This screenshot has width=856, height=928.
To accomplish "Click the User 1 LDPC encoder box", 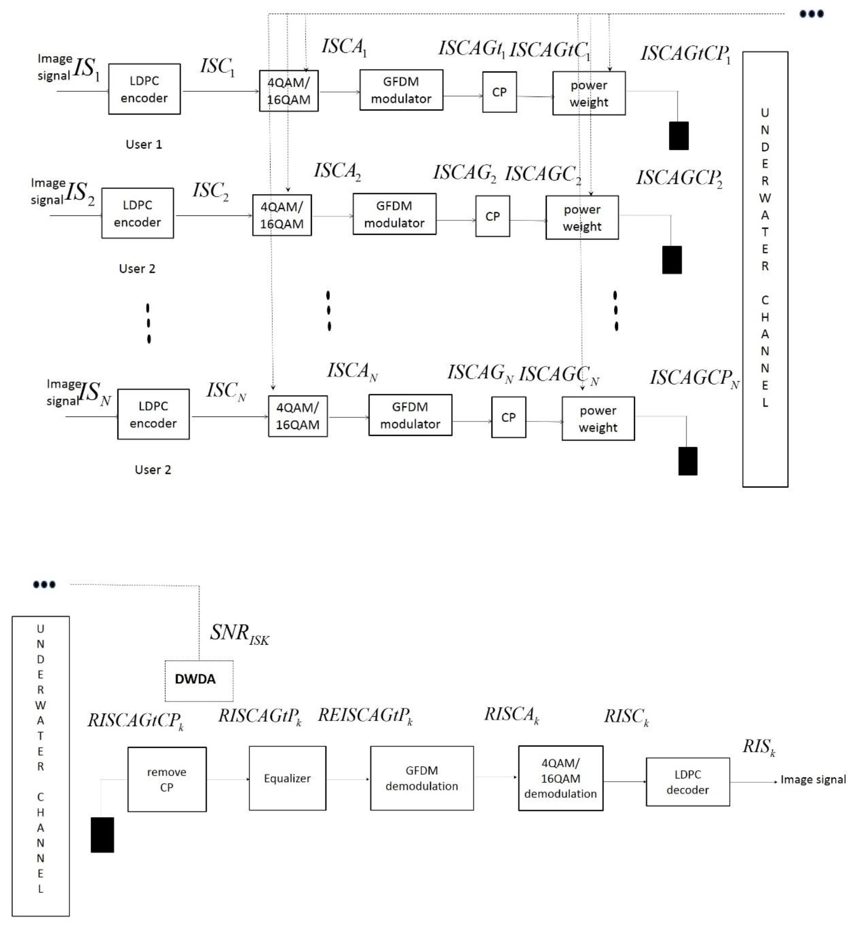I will tap(144, 89).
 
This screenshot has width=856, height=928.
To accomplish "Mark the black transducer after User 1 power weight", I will tap(679, 136).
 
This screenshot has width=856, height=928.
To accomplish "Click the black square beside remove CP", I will tap(102, 835).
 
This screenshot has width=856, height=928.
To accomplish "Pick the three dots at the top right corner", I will tap(811, 14).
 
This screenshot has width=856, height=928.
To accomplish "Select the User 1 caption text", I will tap(144, 144).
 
